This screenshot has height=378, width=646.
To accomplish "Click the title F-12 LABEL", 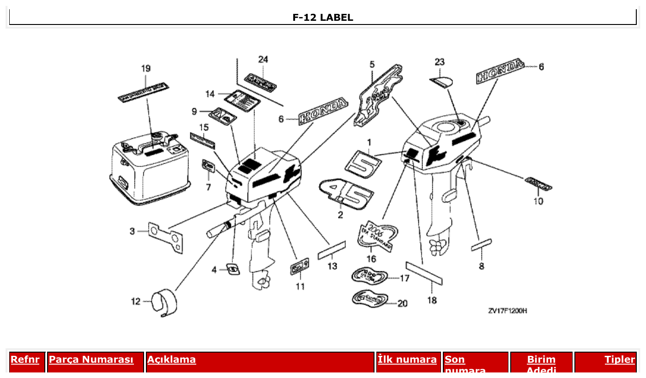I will (x=323, y=18).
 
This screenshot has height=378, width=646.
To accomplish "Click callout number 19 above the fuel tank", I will (x=145, y=68).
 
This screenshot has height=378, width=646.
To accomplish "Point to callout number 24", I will (x=263, y=59).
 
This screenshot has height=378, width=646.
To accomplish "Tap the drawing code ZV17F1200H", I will (x=507, y=311).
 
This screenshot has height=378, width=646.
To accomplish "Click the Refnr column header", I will (x=25, y=360).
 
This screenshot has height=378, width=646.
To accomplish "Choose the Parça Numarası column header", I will (x=91, y=360).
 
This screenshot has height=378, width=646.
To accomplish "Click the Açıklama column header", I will (x=171, y=360).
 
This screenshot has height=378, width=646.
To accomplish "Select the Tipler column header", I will (x=620, y=360).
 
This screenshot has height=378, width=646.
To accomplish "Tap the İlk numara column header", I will (x=407, y=360).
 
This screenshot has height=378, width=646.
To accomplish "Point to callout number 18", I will (x=432, y=300).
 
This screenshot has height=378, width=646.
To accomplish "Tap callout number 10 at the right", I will (x=538, y=201).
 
